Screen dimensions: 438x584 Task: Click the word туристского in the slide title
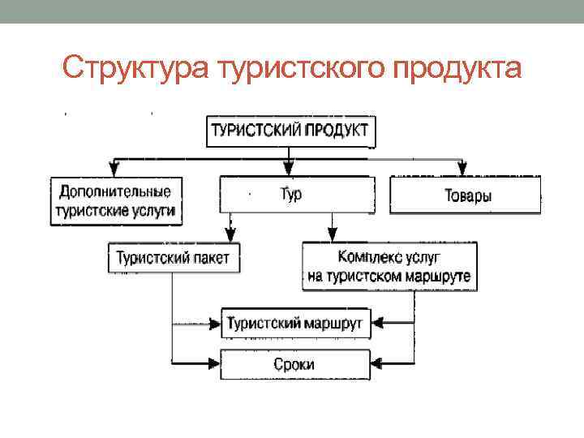point(299,68)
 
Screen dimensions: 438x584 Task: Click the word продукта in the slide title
point(457,68)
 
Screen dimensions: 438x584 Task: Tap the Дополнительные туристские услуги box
point(114,201)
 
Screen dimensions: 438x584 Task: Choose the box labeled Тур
point(297,195)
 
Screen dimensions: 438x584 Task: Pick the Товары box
point(466,195)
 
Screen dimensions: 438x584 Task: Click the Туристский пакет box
point(173,259)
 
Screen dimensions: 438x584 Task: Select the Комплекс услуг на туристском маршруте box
point(389,267)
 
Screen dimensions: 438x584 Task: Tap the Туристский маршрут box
point(296,323)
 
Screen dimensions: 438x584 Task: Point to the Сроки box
point(296,363)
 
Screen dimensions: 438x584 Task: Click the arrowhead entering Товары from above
point(463,170)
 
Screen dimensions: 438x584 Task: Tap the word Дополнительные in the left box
point(114,192)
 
